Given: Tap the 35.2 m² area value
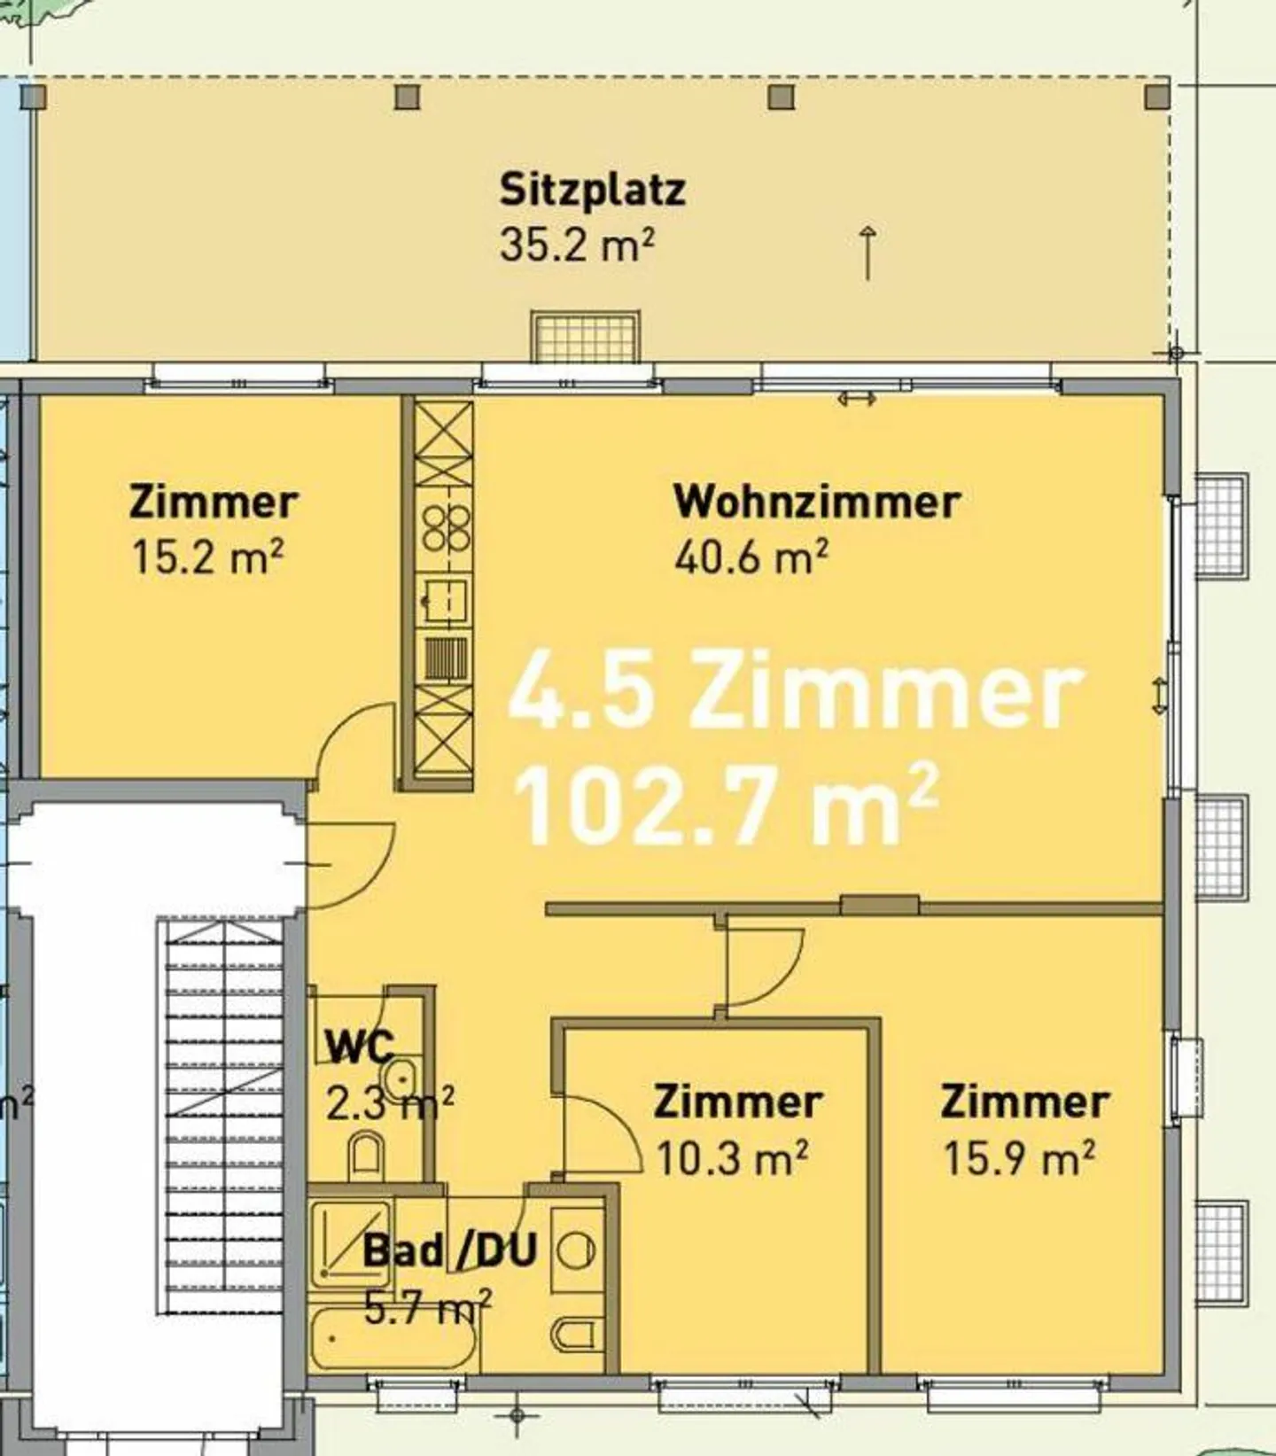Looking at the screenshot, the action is (x=577, y=244).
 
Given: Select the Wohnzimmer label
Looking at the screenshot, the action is (x=817, y=502).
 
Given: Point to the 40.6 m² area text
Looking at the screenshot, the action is (x=751, y=557).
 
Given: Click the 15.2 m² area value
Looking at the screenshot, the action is (x=208, y=557).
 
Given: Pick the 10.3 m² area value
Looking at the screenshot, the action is (x=732, y=1157).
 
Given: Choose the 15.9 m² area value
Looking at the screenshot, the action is (x=1018, y=1157).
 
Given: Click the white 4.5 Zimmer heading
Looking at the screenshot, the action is (x=795, y=690).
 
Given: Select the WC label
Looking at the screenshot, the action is (x=360, y=1046).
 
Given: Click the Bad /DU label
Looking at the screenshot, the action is (x=450, y=1250).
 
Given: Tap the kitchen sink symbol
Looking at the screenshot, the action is (x=445, y=602).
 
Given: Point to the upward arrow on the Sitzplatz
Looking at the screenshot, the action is (x=868, y=253).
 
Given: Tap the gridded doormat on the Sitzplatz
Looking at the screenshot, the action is (x=585, y=336).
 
